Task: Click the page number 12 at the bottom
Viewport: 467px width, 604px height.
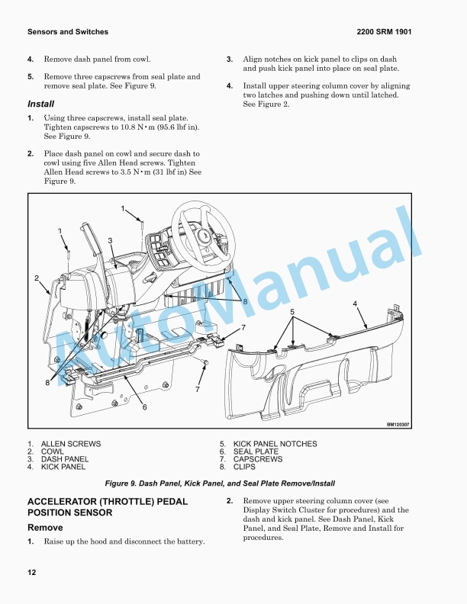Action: coord(31,573)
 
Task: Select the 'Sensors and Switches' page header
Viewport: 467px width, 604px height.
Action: coord(67,32)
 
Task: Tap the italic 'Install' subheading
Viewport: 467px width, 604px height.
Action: coord(40,104)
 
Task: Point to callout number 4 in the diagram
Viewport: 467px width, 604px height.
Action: coord(355,304)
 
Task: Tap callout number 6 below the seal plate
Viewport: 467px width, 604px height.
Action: coord(144,406)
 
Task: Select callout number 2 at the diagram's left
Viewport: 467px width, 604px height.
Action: coord(37,278)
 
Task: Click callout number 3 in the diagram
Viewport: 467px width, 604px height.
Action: coord(111,241)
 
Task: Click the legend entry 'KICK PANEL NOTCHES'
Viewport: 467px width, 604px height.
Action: coord(275,444)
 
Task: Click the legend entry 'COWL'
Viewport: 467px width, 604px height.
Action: coord(53,451)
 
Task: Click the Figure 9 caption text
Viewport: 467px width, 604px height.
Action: coord(220,484)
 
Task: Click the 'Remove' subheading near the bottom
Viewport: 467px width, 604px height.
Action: coord(45,528)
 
